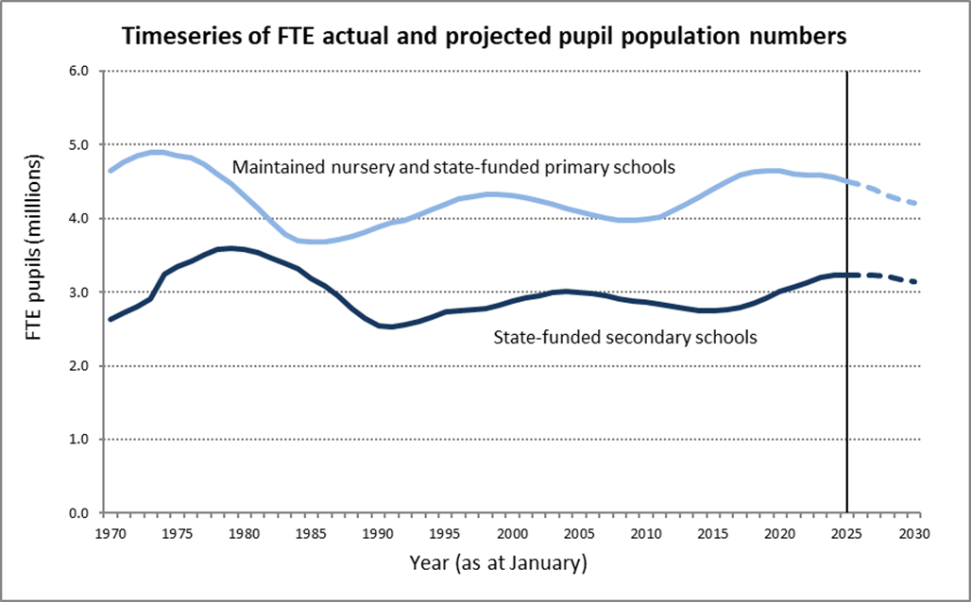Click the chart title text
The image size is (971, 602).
pyautogui.click(x=485, y=36)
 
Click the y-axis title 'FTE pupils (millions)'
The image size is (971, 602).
pyautogui.click(x=34, y=247)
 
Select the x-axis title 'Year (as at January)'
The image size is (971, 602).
pyautogui.click(x=498, y=563)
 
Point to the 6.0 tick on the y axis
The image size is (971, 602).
pyautogui.click(x=80, y=71)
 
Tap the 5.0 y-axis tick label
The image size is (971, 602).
pyautogui.click(x=80, y=144)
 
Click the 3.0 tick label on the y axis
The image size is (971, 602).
pyautogui.click(x=80, y=292)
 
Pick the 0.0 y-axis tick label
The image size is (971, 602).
pyautogui.click(x=80, y=513)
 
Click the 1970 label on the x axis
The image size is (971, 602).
pyautogui.click(x=110, y=533)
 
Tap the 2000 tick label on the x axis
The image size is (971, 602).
pyautogui.click(x=512, y=533)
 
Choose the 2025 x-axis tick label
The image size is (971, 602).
pyautogui.click(x=847, y=533)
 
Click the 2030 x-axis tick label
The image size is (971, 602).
pyautogui.click(x=914, y=533)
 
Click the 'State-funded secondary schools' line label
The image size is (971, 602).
pyautogui.click(x=625, y=337)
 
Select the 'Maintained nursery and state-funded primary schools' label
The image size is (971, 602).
pyautogui.click(x=453, y=167)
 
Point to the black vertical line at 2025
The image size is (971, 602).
pyautogui.click(x=846, y=292)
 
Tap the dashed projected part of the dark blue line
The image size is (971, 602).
pyautogui.click(x=882, y=276)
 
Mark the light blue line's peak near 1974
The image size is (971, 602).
pyautogui.click(x=157, y=152)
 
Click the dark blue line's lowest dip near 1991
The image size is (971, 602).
pyautogui.click(x=388, y=326)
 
